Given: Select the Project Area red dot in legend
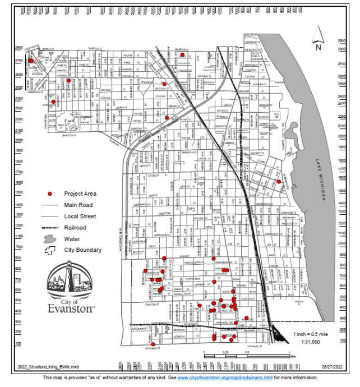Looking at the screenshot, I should (50, 193).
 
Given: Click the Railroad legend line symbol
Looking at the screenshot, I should (50, 228).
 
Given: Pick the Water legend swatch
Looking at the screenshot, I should (50, 239).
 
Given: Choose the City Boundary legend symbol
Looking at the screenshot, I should (50, 250).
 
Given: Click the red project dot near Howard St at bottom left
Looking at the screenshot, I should (153, 344).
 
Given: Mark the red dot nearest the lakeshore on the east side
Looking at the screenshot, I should (279, 181).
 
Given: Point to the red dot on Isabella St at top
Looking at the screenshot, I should (182, 54).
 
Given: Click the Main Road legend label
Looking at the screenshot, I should (78, 205).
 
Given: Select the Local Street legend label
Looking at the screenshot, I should (80, 216).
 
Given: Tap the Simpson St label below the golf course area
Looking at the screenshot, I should (67, 136).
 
